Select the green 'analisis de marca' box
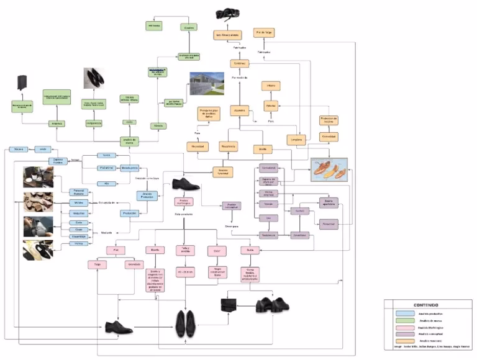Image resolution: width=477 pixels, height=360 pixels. tap(130, 141)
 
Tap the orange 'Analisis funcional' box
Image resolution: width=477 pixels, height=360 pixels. tap(222, 170)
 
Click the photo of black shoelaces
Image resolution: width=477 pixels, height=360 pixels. tap(226, 14)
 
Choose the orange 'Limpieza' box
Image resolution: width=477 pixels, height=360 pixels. tap(298, 140)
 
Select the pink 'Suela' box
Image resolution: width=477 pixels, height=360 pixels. tap(250, 250)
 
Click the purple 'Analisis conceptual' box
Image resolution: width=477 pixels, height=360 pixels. tap(232, 206)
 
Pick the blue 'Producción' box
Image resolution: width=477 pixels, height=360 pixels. tap(130, 213)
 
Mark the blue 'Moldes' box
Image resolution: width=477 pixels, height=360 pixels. tap(78, 202)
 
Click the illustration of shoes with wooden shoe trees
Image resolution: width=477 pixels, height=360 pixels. tap(329, 168)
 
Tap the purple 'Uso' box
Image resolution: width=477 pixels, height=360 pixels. tap(268, 218)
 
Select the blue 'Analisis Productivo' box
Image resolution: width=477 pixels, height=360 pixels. tap(147, 196)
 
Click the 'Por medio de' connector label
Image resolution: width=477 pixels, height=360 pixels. tap(239, 78)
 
